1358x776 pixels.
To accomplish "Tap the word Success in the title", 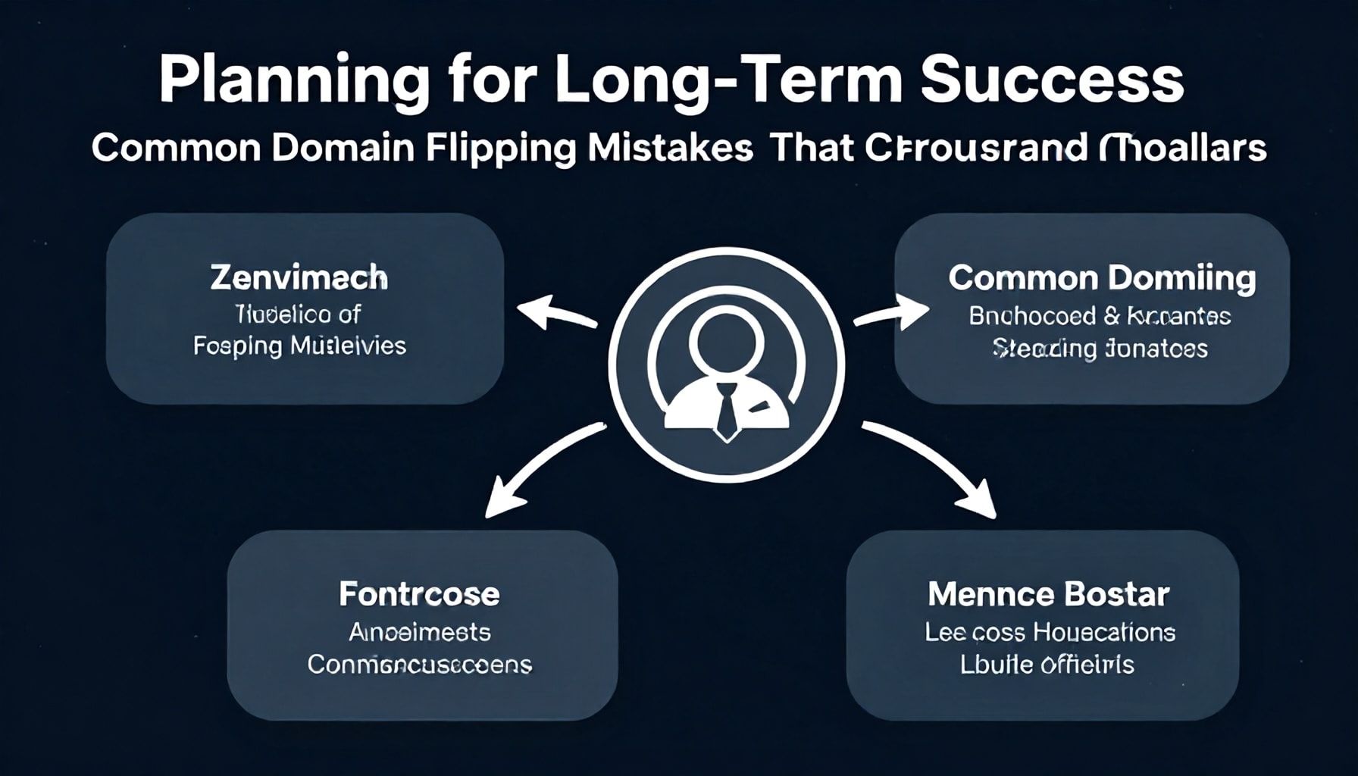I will (x=1052, y=80).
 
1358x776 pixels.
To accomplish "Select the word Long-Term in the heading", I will (x=728, y=80).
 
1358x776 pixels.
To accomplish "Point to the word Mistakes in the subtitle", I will (x=670, y=148).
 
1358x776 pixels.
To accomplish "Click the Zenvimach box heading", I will (x=299, y=278).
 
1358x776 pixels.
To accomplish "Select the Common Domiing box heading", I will (x=1102, y=278).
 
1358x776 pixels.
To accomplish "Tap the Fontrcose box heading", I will (x=419, y=593).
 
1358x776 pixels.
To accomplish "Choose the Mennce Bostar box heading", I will (x=1048, y=594).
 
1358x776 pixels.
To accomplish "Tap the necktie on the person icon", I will (x=726, y=410).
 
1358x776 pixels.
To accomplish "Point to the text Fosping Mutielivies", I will (x=299, y=346).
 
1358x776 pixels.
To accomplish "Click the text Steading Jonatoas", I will (x=1100, y=349).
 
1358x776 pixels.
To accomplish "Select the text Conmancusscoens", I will (x=419, y=665).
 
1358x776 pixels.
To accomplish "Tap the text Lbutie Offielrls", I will (x=1047, y=665).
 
